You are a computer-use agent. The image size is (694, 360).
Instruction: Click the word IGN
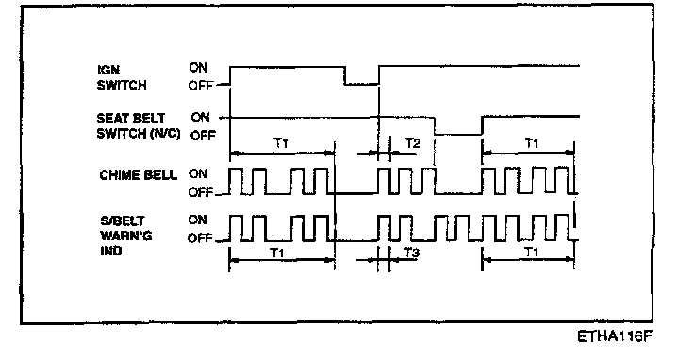pyautogui.click(x=108, y=71)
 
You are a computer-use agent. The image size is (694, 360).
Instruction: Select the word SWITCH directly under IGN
pyautogui.click(x=122, y=86)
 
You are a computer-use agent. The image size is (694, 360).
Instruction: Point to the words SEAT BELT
pyautogui.click(x=130, y=119)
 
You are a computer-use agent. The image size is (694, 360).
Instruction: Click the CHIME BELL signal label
pyautogui.click(x=138, y=175)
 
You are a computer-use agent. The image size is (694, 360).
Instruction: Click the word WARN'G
pyautogui.click(x=126, y=236)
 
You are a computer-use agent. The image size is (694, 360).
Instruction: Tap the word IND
pyautogui.click(x=110, y=252)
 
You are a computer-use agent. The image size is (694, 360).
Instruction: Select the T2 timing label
pyautogui.click(x=412, y=143)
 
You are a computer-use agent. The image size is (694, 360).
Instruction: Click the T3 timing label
pyautogui.click(x=412, y=252)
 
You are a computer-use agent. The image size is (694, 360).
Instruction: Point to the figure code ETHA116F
pyautogui.click(x=615, y=336)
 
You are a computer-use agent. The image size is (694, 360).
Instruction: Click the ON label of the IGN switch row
pyautogui.click(x=198, y=67)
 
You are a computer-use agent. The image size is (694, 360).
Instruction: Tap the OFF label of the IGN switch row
pyautogui.click(x=201, y=86)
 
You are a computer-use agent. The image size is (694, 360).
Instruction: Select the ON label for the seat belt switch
pyautogui.click(x=201, y=117)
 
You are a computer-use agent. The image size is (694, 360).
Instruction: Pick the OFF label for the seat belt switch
pyautogui.click(x=203, y=136)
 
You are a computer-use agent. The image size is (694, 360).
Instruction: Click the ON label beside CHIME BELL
pyautogui.click(x=198, y=173)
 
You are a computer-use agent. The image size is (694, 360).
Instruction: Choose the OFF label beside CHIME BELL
pyautogui.click(x=201, y=192)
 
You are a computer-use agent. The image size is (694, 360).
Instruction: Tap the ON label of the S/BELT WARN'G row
pyautogui.click(x=197, y=220)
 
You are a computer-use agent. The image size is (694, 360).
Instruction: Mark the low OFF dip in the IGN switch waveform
pyautogui.click(x=362, y=84)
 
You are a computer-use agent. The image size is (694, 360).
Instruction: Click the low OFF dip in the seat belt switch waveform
pyautogui.click(x=458, y=135)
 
